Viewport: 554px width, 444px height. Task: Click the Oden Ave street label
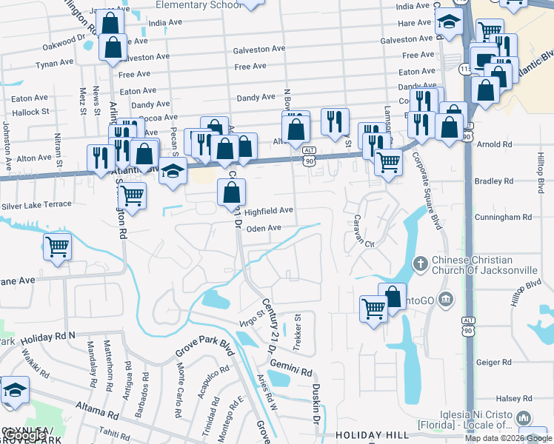(x=264, y=229)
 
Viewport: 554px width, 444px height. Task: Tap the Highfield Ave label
(x=269, y=211)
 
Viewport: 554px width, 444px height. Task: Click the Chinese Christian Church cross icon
(x=420, y=263)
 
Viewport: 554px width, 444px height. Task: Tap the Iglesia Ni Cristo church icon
(x=525, y=419)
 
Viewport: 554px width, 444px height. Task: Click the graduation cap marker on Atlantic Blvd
(x=173, y=172)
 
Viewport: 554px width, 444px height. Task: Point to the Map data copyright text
(x=508, y=437)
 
